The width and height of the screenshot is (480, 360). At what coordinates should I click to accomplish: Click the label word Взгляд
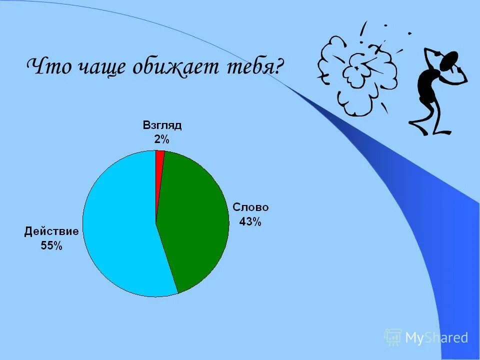tap(162, 125)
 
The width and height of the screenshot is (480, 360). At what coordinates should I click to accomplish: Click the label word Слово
tap(250, 207)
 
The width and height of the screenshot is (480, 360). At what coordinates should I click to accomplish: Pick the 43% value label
tap(250, 221)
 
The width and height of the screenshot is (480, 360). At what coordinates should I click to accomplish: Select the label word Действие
tap(51, 231)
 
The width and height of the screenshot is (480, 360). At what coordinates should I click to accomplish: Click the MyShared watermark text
tap(436, 338)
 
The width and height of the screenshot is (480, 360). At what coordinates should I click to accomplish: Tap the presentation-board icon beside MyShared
tap(392, 337)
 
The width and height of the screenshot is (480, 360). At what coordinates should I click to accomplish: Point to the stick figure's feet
tap(430, 130)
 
